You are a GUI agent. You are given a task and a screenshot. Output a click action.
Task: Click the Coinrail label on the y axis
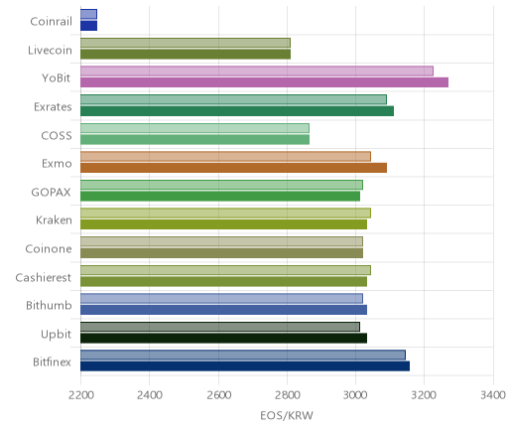pyautogui.click(x=51, y=22)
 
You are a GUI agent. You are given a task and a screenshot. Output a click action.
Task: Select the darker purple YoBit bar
pyautogui.click(x=264, y=82)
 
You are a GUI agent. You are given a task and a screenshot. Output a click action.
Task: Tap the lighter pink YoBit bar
pyautogui.click(x=257, y=71)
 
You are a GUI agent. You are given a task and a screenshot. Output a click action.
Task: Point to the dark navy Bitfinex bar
pyautogui.click(x=245, y=366)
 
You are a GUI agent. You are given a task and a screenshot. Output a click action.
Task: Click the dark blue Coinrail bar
pyautogui.click(x=88, y=26)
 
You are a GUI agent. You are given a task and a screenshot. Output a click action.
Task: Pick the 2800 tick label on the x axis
pyautogui.click(x=287, y=395)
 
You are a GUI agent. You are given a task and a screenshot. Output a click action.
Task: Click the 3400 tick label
pyautogui.click(x=493, y=395)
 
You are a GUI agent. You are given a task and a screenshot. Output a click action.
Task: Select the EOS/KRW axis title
pyautogui.click(x=287, y=415)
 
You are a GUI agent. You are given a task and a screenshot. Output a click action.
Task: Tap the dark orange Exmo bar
pyautogui.click(x=233, y=168)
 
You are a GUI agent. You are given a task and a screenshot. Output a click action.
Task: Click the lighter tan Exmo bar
pyautogui.click(x=225, y=156)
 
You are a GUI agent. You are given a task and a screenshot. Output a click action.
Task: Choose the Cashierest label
pyautogui.click(x=44, y=277)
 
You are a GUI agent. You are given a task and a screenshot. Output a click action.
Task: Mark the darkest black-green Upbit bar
pyautogui.click(x=223, y=339)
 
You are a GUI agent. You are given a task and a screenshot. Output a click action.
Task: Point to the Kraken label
pyautogui.click(x=54, y=220)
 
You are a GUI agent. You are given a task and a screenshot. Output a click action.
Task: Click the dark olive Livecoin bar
pyautogui.click(x=186, y=55)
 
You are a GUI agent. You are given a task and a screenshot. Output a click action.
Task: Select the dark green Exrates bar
pyautogui.click(x=237, y=111)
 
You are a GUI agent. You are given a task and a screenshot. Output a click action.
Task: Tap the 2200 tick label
pyautogui.click(x=80, y=395)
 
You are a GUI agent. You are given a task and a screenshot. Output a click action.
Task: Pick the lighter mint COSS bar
pyautogui.click(x=194, y=128)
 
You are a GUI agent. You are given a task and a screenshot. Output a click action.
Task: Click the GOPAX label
pyautogui.click(x=51, y=193)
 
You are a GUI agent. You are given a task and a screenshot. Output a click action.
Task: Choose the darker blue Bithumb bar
pyautogui.click(x=223, y=310)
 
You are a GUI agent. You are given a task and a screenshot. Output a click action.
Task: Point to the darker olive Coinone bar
pyautogui.click(x=221, y=253)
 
